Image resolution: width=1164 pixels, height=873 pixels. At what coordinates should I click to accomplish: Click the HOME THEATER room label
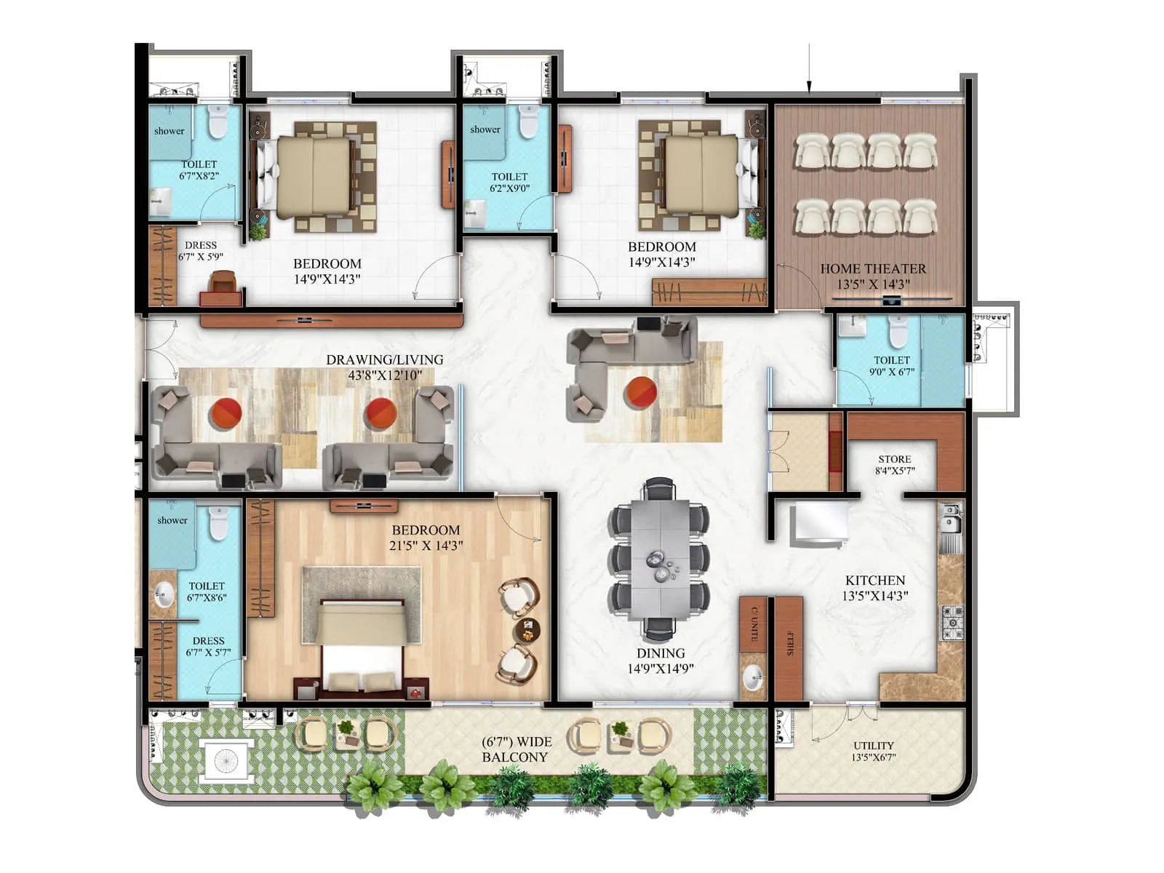pyautogui.click(x=873, y=269)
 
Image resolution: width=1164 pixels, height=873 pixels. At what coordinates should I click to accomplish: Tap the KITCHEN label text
pyautogui.click(x=875, y=581)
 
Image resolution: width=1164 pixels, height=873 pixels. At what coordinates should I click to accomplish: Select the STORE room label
pyautogui.click(x=894, y=459)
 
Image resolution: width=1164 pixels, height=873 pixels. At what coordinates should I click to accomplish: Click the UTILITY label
pyautogui.click(x=873, y=746)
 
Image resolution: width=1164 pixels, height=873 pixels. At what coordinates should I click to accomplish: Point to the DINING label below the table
pyautogui.click(x=661, y=653)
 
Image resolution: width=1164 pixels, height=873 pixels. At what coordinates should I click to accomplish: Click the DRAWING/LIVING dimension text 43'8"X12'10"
pyautogui.click(x=385, y=375)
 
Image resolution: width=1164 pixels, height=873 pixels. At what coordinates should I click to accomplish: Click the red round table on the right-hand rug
pyautogui.click(x=641, y=392)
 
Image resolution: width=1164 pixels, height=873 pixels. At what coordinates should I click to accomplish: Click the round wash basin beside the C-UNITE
pyautogui.click(x=752, y=679)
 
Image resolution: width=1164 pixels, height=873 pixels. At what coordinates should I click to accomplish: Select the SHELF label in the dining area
pyautogui.click(x=790, y=643)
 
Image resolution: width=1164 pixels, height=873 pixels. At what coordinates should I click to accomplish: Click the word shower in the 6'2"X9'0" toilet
pyautogui.click(x=485, y=129)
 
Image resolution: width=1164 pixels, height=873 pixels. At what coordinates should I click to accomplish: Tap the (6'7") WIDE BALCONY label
pyautogui.click(x=516, y=749)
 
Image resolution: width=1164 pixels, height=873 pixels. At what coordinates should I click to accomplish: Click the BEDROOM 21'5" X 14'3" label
pyautogui.click(x=426, y=538)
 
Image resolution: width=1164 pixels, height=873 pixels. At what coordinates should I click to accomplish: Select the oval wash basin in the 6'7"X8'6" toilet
pyautogui.click(x=164, y=594)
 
